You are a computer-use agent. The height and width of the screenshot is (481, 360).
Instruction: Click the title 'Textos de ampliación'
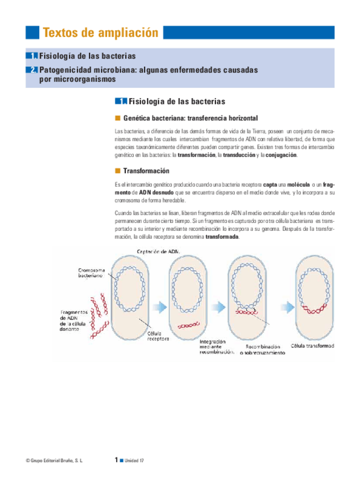[x=100, y=33]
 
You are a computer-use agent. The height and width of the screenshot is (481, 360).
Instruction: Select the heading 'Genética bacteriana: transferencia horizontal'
[x=190, y=118]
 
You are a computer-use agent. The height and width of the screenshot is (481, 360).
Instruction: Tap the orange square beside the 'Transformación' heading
[x=118, y=171]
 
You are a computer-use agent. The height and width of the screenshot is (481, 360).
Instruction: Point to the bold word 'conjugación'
[x=281, y=155]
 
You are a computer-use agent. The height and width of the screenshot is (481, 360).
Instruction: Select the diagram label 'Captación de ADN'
[x=159, y=251]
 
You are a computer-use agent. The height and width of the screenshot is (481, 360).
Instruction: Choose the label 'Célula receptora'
[x=158, y=336]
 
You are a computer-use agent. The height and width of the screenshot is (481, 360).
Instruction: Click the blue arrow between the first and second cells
[x=160, y=306]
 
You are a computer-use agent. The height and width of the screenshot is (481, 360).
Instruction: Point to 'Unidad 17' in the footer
[x=134, y=460]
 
